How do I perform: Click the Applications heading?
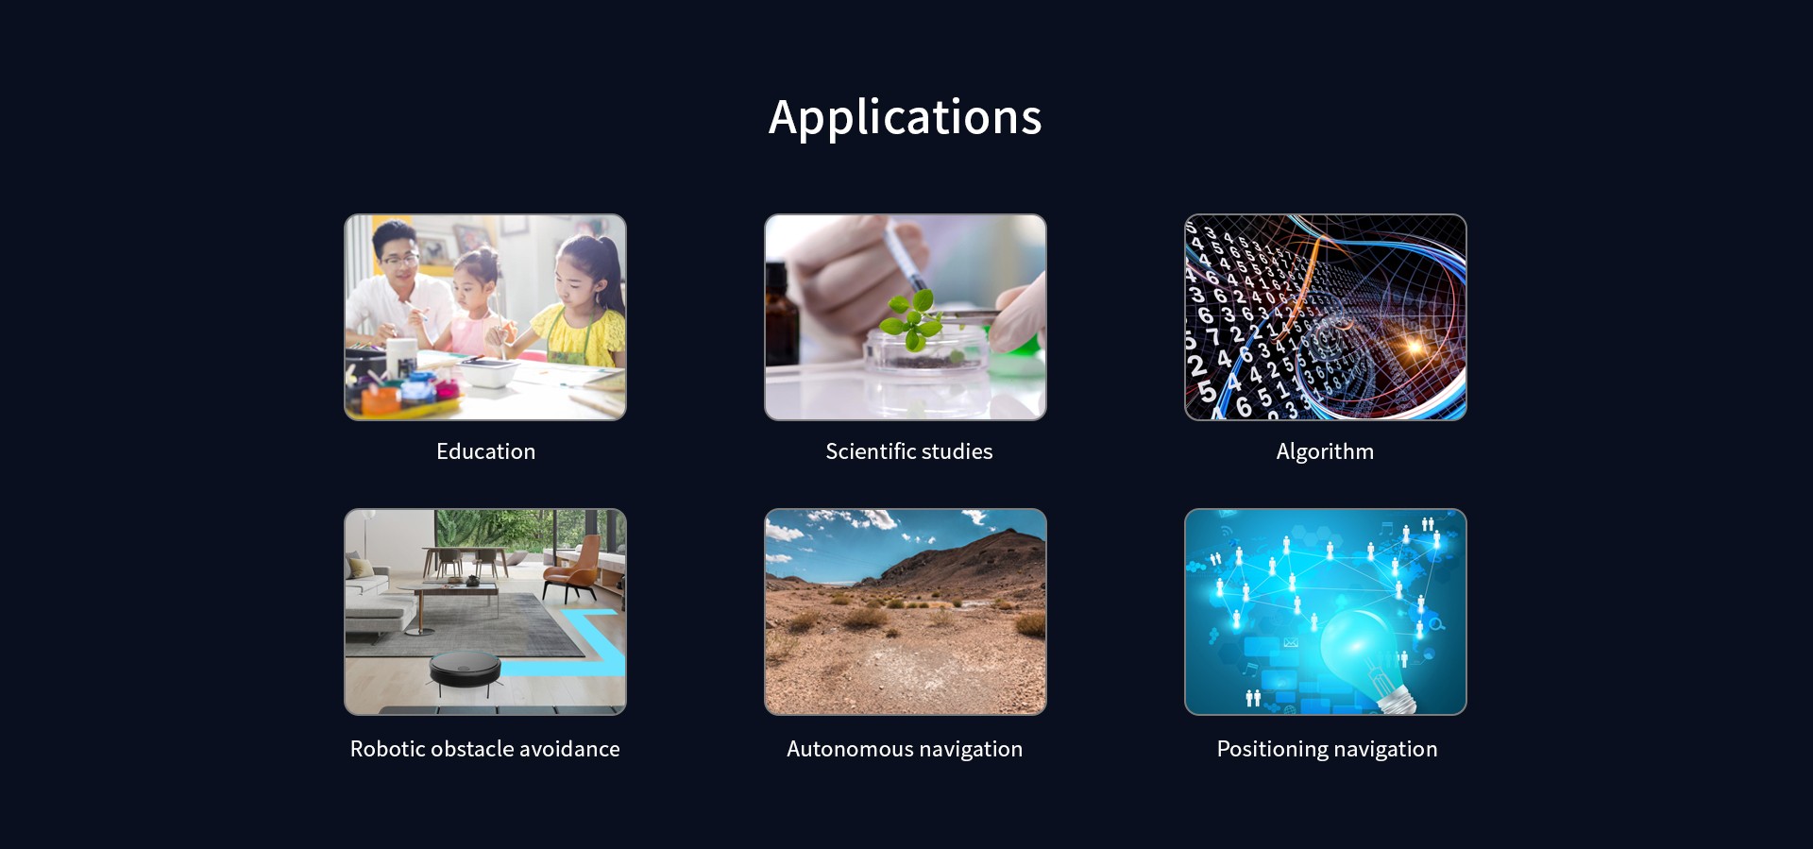click(906, 118)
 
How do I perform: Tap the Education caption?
click(485, 451)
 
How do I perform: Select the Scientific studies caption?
click(908, 451)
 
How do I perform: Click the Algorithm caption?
click(1325, 451)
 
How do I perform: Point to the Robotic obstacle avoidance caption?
click(485, 749)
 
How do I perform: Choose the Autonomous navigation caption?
click(905, 749)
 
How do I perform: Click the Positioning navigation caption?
click(1327, 749)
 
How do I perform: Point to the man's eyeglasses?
click(400, 259)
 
